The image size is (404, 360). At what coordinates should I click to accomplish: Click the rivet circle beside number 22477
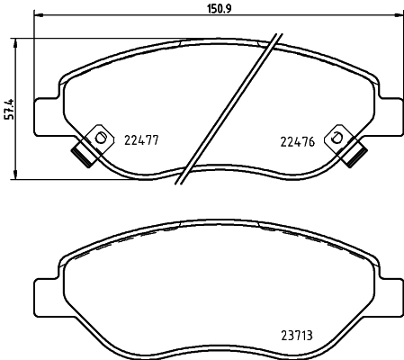(101, 138)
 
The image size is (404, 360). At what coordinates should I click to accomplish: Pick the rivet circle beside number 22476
(337, 138)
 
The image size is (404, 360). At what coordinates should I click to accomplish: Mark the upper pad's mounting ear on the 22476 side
(390, 112)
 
